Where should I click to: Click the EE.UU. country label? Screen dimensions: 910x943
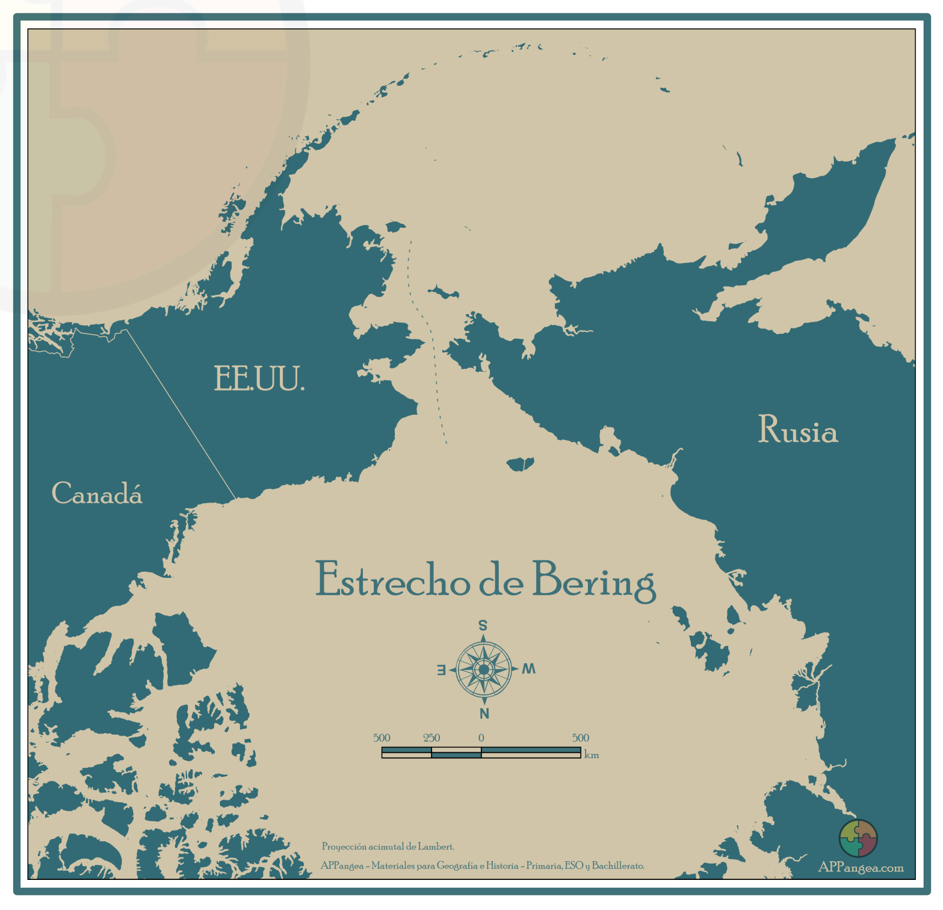pyautogui.click(x=259, y=379)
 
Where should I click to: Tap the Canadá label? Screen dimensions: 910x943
pyautogui.click(x=97, y=494)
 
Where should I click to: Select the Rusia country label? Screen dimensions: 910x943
pyautogui.click(x=797, y=430)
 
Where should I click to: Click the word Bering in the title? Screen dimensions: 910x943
pyautogui.click(x=594, y=581)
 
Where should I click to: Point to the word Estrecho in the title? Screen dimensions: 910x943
pyautogui.click(x=392, y=580)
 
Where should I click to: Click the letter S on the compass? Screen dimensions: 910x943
pyautogui.click(x=483, y=626)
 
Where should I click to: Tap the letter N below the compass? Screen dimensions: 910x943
pyautogui.click(x=484, y=714)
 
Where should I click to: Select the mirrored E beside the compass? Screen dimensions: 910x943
pyautogui.click(x=441, y=670)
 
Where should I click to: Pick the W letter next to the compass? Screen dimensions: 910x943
pyautogui.click(x=528, y=669)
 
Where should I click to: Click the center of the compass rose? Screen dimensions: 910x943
pyautogui.click(x=484, y=669)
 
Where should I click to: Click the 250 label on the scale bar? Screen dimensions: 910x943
pyautogui.click(x=431, y=738)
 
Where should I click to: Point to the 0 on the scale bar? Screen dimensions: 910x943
pyautogui.click(x=481, y=738)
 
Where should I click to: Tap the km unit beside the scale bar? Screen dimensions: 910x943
pyautogui.click(x=592, y=755)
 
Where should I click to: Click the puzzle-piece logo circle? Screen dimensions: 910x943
pyautogui.click(x=858, y=838)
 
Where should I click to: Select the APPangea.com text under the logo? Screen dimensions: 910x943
pyautogui.click(x=861, y=868)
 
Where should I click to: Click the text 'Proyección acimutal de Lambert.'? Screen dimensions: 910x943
pyautogui.click(x=388, y=847)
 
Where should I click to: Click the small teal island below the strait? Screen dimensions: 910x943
pyautogui.click(x=520, y=464)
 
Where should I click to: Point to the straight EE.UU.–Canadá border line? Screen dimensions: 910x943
pyautogui.click(x=181, y=415)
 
